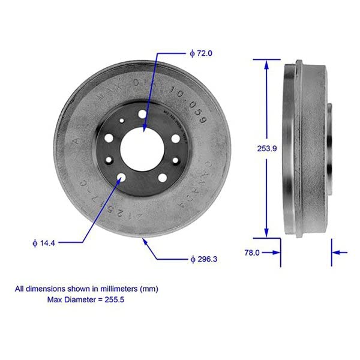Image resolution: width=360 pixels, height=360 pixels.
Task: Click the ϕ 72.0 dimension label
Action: click(x=201, y=53)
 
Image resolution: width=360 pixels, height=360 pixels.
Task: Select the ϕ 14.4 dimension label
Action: click(x=44, y=242)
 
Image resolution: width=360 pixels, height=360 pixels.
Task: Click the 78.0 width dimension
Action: click(x=252, y=253)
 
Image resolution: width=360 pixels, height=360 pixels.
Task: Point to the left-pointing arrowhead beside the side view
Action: click(x=335, y=253)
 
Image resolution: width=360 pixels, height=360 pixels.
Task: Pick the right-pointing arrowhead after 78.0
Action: click(x=277, y=253)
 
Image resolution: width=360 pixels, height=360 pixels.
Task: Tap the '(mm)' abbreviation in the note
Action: click(x=148, y=289)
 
